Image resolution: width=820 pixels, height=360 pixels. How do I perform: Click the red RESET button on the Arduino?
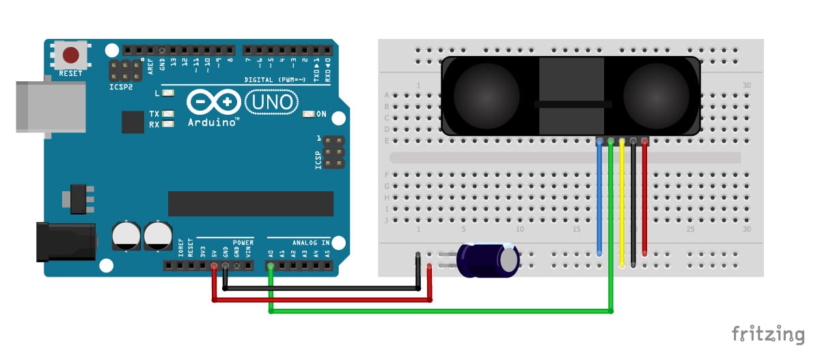[70, 55]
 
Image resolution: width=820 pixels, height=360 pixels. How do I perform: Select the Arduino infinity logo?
[213, 102]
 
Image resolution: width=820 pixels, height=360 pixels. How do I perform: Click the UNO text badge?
[271, 102]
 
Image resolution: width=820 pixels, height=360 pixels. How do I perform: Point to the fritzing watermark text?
[768, 334]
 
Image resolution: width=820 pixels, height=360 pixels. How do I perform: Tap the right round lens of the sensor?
[656, 96]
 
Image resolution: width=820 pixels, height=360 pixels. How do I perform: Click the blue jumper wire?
[600, 198]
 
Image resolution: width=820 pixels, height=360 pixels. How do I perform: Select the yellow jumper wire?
[622, 205]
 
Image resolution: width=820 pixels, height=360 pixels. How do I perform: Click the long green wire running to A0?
[437, 311]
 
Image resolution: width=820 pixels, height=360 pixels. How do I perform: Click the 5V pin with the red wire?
[215, 264]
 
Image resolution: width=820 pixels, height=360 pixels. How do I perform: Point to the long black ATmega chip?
[251, 204]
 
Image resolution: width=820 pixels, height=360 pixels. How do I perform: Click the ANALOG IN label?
[311, 243]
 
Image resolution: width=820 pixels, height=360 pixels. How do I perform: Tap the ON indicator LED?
[307, 114]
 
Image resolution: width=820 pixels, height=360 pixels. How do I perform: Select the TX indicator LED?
[167, 114]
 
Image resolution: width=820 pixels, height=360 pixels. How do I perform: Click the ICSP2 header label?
[120, 87]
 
